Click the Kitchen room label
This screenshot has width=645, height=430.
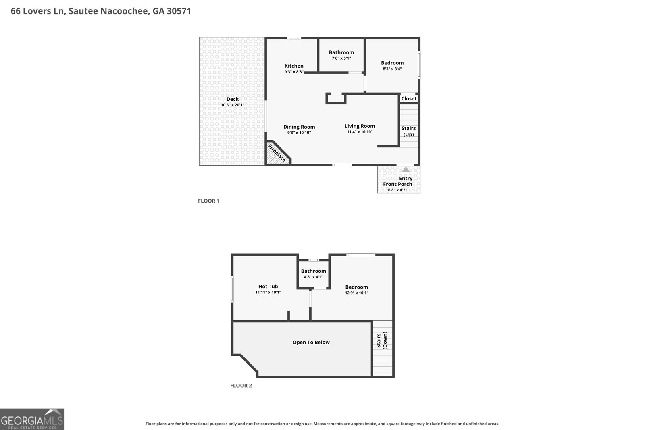coord(294,66)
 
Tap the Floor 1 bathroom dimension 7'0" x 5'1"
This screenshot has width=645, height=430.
coord(341,58)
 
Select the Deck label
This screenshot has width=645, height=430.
coord(232,99)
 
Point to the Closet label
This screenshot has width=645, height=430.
coord(409,98)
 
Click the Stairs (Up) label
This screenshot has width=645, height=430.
coord(409,131)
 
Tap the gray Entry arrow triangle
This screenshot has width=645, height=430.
coord(406,169)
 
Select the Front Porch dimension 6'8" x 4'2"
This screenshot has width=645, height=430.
coord(397,190)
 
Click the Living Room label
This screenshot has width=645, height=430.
coord(360,126)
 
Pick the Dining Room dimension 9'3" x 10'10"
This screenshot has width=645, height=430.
coord(299,133)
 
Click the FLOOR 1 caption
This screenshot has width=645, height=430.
coord(208,201)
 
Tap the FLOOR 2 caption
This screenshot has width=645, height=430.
coord(241,386)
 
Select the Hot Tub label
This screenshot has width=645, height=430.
coord(268,287)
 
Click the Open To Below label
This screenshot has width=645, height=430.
coord(311,342)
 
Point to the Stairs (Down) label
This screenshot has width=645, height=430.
coord(382,341)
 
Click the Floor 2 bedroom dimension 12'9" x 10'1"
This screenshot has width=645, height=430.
coord(356,293)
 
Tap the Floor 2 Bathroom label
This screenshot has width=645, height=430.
coord(313,271)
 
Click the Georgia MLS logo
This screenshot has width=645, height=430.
coord(32,419)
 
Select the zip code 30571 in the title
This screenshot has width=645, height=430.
coord(179,11)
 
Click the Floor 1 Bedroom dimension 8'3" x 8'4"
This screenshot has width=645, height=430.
coord(392,69)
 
